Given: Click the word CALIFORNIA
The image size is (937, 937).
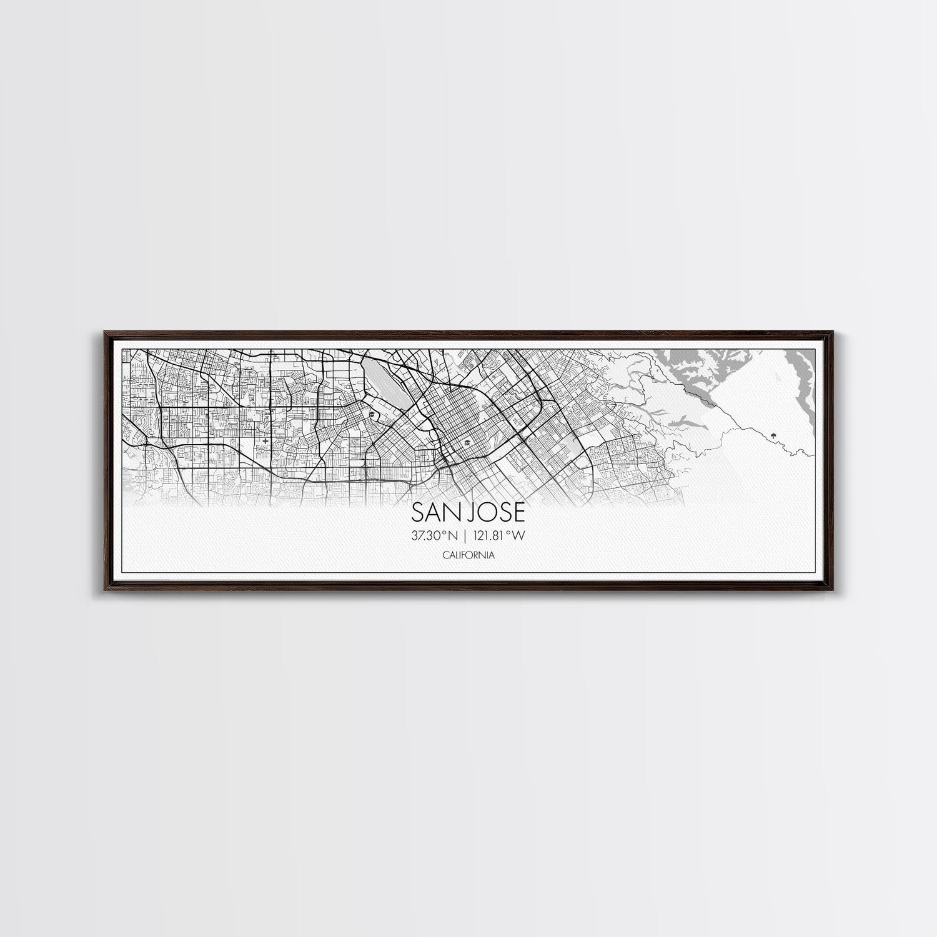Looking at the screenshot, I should coord(468,555).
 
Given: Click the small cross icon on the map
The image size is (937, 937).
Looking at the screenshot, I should coord(267,441).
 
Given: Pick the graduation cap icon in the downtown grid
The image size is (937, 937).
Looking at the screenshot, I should coord(467,444).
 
